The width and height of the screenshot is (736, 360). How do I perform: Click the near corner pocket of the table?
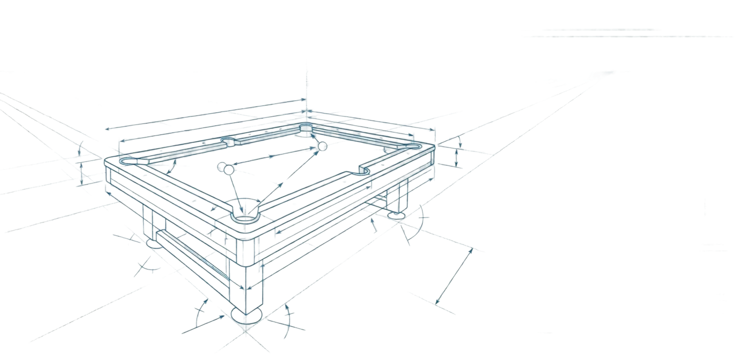pos(243,216)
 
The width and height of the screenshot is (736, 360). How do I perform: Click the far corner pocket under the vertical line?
pos(306,128)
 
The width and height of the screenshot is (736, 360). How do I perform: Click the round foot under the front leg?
pos(245,315)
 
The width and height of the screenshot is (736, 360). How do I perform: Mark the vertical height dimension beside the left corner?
pos(80,165)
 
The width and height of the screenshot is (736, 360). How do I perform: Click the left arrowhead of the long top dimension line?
pos(107,128)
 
